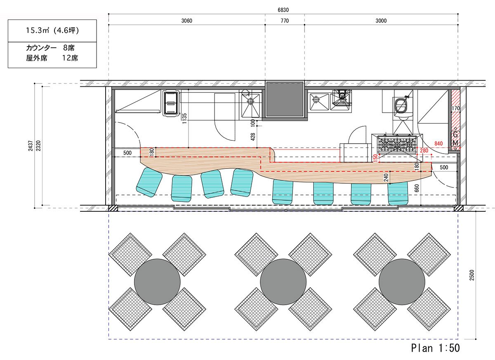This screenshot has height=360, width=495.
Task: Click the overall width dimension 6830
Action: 283,10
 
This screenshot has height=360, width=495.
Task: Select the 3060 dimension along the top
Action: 187,21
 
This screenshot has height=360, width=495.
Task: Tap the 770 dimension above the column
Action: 285,21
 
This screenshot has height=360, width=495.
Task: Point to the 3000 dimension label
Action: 381,21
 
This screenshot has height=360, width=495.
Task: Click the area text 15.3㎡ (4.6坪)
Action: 52,30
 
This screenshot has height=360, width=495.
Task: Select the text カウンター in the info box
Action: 41,48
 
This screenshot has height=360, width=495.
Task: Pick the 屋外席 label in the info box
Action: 36,58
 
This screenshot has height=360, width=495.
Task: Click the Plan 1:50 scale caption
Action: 435,348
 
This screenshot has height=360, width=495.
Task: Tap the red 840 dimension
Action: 438,144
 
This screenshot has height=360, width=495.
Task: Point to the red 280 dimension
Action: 424,151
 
